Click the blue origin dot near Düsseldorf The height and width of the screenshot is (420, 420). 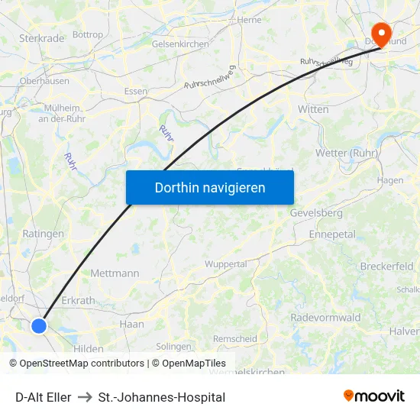(x=39, y=326)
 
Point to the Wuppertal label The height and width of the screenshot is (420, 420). (x=225, y=264)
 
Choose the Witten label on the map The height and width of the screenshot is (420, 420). (x=313, y=109)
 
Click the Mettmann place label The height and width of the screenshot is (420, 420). (x=115, y=273)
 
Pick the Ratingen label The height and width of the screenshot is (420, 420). (x=44, y=234)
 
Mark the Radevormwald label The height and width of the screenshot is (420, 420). (x=325, y=318)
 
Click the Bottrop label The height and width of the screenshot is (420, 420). (x=88, y=35)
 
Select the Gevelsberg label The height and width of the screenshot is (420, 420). (x=316, y=213)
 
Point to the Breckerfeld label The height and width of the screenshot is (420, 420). (x=386, y=267)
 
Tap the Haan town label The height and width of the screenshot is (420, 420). (x=131, y=324)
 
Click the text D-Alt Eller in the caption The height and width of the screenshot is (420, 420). (x=44, y=397)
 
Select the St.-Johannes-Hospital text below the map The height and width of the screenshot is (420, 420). (x=162, y=397)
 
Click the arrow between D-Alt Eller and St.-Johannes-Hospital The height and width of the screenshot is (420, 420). (x=85, y=397)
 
